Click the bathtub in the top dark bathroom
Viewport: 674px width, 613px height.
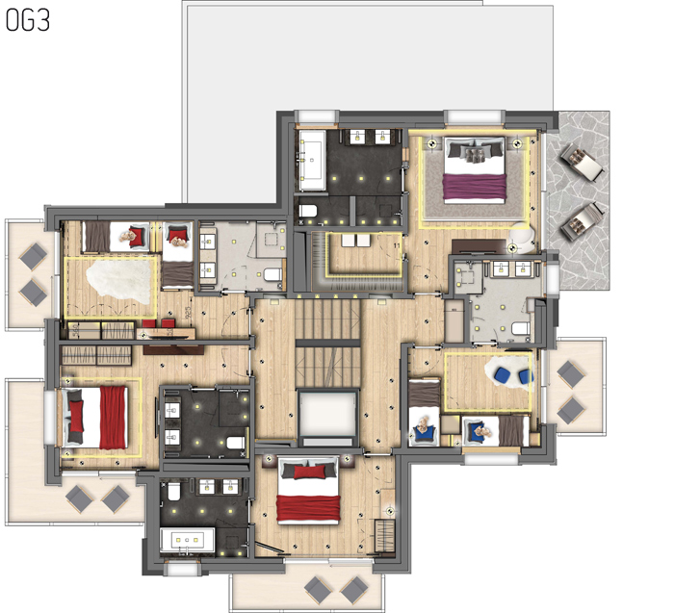coord(314,156)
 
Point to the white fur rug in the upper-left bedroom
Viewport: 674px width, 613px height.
coord(119,280)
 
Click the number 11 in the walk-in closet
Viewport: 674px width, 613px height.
coord(396,246)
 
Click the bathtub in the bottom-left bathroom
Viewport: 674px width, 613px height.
coord(185,541)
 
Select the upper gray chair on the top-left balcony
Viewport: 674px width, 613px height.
coord(35,255)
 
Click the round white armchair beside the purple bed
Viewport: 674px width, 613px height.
coord(523,234)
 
